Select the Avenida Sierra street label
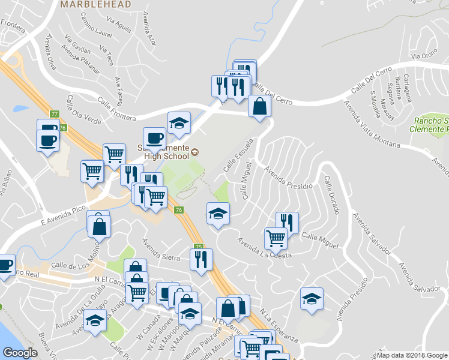click(x=161, y=250)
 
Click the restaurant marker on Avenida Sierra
click(x=200, y=259)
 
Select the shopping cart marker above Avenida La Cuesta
click(x=276, y=238)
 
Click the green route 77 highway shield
click(x=55, y=114)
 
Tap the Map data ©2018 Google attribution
click(x=412, y=355)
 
